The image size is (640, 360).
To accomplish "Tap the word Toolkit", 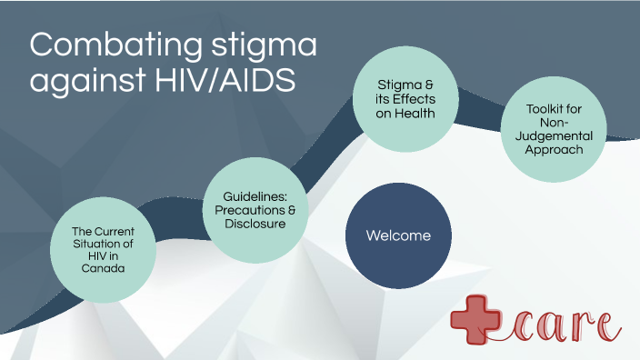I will click(554, 109).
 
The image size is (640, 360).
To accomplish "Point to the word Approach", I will click(554, 149).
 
